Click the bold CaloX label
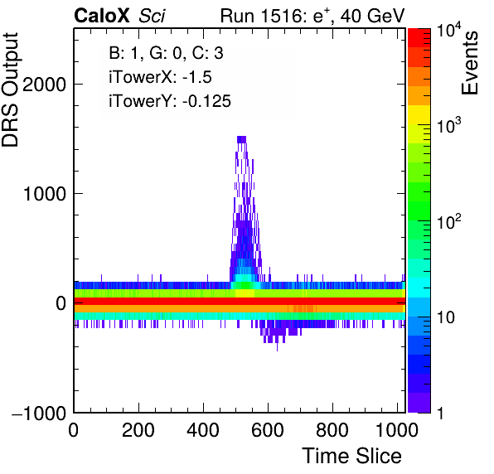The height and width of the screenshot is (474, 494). click(101, 16)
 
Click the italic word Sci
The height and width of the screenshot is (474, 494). click(152, 16)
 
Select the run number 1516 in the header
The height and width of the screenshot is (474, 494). click(281, 16)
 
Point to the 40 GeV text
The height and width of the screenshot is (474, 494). click(372, 16)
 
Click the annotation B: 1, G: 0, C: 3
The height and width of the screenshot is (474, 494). click(166, 53)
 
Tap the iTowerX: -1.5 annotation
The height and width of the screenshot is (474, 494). click(160, 77)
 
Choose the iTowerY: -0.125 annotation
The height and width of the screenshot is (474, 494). click(170, 101)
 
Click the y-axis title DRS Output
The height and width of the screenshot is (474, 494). click(10, 89)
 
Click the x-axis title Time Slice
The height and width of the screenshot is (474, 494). click(351, 456)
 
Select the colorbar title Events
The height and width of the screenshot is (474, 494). click(469, 63)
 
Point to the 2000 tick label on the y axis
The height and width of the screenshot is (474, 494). click(44, 85)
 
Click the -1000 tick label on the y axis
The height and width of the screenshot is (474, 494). click(39, 413)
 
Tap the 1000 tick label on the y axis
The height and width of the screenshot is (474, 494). click(45, 194)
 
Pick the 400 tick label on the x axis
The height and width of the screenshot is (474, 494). click(203, 429)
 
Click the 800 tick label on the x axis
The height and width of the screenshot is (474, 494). click(332, 429)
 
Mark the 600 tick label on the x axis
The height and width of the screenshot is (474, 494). click(268, 429)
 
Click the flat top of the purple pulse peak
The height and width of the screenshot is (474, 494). click(241, 139)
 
